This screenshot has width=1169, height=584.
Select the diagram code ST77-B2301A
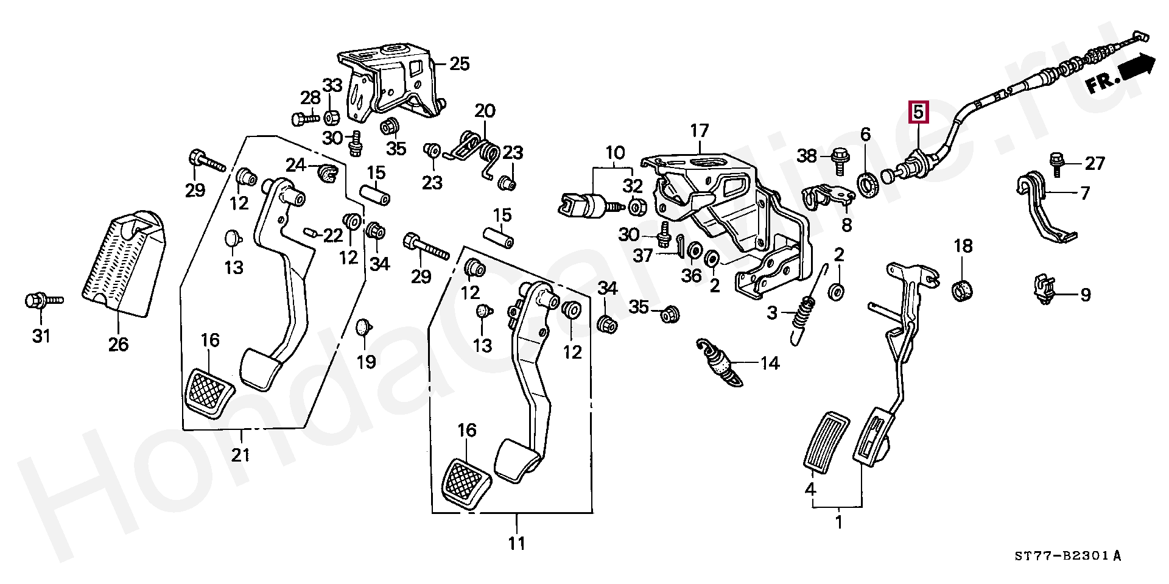click(1067, 555)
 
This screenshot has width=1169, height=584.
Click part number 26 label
click(119, 344)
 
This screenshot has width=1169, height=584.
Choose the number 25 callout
click(460, 63)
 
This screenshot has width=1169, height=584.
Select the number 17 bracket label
click(700, 130)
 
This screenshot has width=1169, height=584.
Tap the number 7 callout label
click(1084, 193)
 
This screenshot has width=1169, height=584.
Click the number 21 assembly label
click(241, 454)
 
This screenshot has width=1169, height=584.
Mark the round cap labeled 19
click(363, 328)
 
